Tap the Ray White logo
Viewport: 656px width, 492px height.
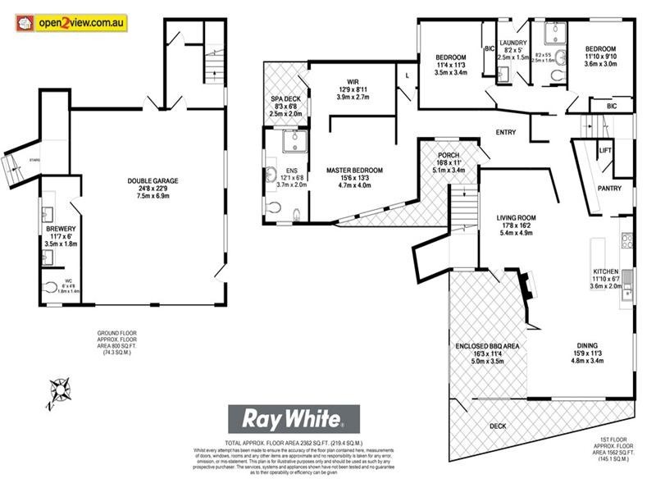[x=293, y=418]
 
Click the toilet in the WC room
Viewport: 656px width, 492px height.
[x=53, y=288]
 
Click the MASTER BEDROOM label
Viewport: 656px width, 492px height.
[x=354, y=171]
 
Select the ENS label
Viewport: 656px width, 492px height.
[x=270, y=171]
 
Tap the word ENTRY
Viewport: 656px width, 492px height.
[x=506, y=133]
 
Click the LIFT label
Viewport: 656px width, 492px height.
[x=605, y=151]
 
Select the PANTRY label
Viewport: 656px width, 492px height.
[x=609, y=188]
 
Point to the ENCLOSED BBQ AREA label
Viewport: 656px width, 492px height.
[x=488, y=347]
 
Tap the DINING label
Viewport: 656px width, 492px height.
[x=585, y=345]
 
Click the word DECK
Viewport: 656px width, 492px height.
[x=498, y=426]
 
